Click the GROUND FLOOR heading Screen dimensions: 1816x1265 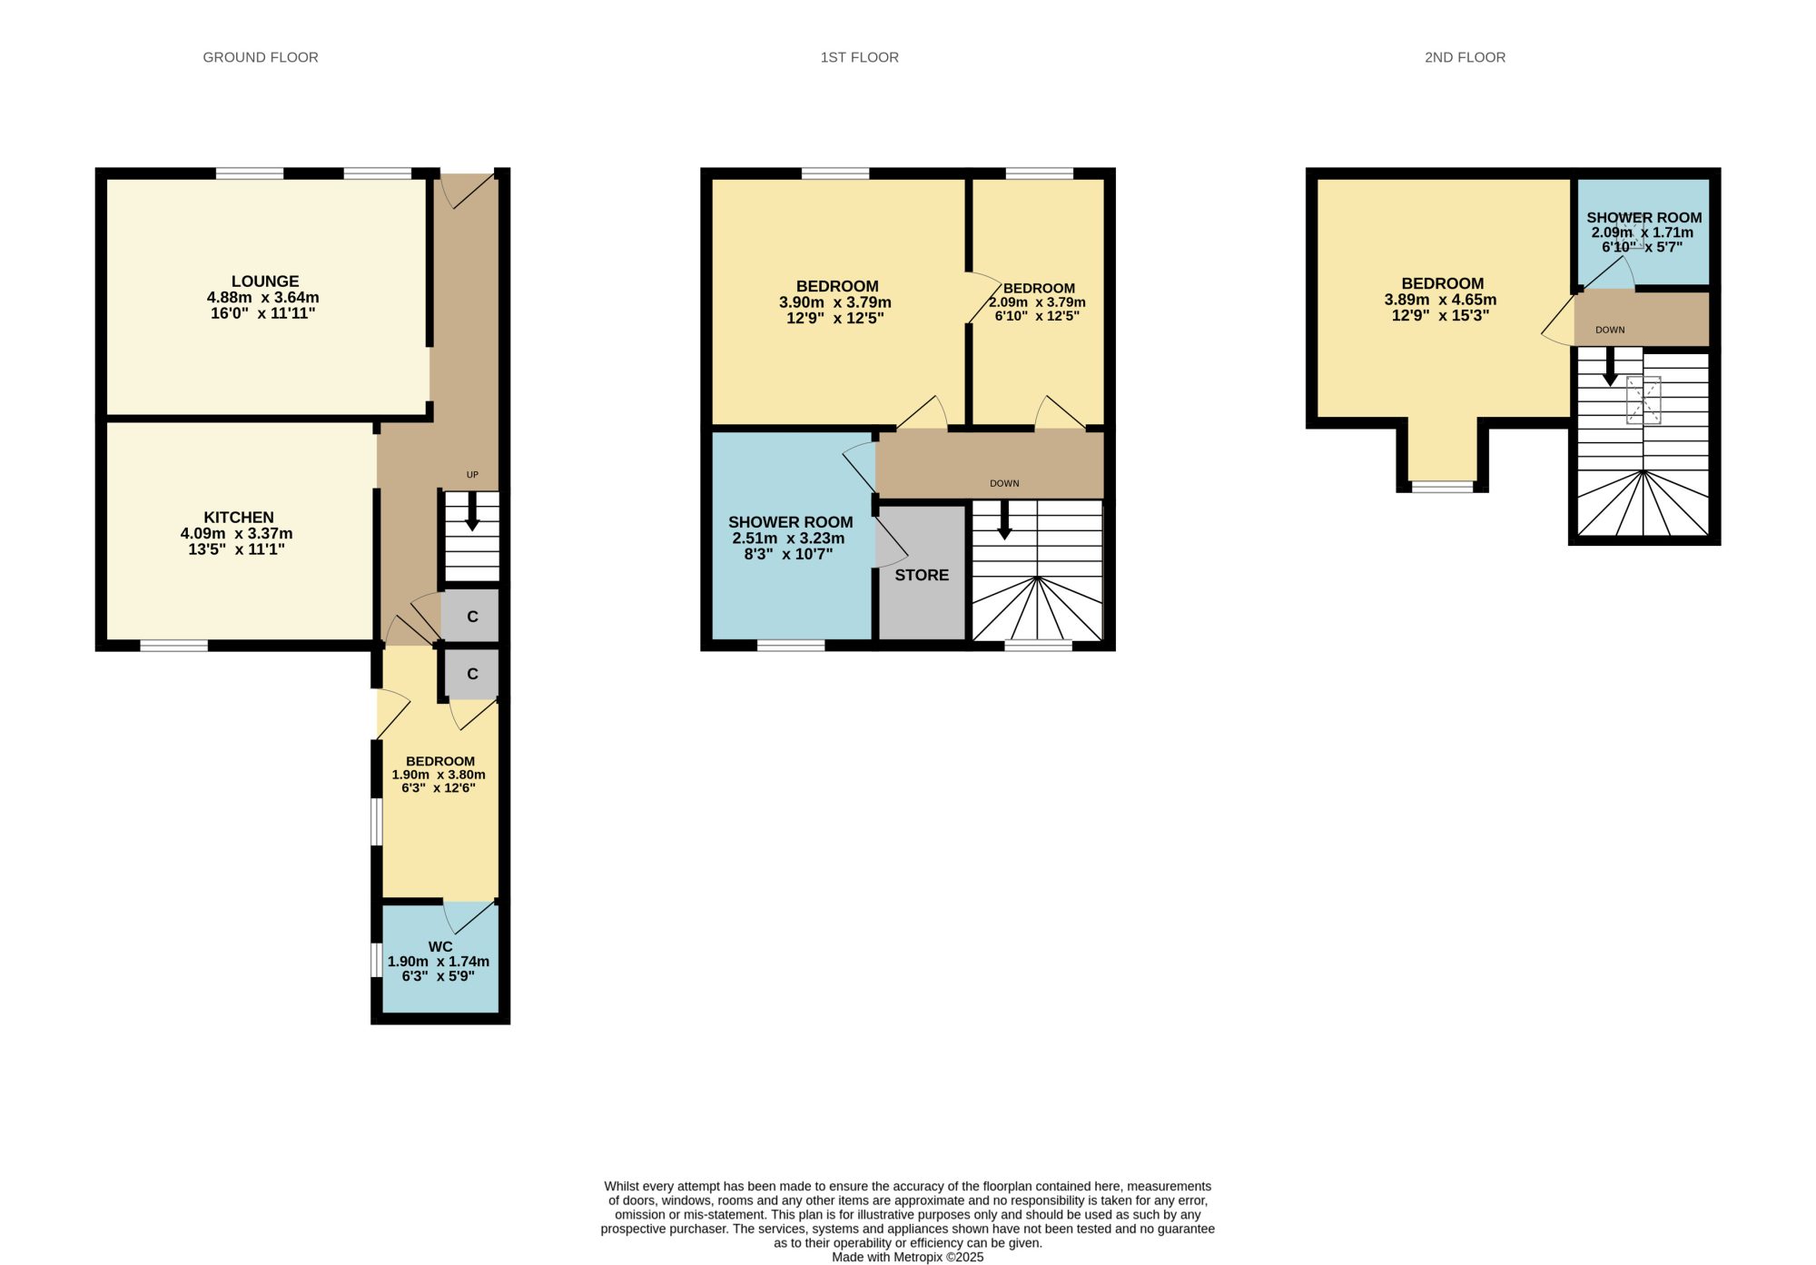261,57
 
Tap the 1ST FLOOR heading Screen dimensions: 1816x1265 860,57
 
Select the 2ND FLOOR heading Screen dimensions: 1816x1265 1465,57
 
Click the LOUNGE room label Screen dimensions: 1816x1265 265,282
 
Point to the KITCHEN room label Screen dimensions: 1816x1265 239,518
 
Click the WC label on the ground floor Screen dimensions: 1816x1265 440,946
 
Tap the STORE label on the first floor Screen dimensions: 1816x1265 922,575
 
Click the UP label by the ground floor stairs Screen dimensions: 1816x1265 472,475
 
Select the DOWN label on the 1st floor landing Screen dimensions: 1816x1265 1004,483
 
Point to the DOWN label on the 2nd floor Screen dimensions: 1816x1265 1610,330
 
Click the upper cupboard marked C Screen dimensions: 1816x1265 472,617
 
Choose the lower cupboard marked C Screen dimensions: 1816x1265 472,674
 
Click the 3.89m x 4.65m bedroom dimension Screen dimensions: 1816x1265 1440,300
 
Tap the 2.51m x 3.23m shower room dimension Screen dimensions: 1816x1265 788,539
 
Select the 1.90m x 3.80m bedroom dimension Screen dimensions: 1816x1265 439,775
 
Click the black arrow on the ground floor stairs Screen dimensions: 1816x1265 472,512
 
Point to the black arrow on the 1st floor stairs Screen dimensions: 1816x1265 1004,520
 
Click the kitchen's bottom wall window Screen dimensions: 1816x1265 174,646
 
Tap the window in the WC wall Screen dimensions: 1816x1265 377,960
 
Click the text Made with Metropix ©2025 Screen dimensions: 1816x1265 908,1258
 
